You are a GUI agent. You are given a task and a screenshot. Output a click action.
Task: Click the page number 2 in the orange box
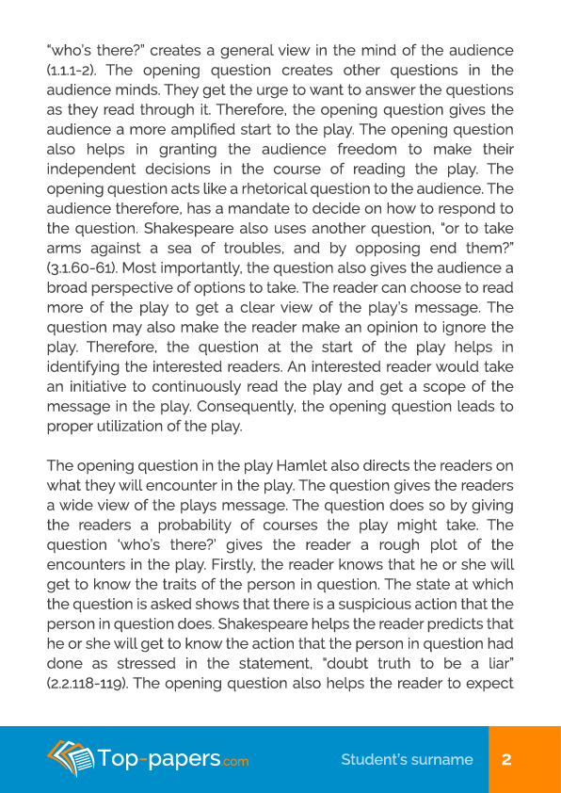pos(506,759)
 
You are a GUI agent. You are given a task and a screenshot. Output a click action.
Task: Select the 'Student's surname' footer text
pos(407,759)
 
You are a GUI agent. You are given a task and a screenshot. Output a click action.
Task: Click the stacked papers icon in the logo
pos(72,758)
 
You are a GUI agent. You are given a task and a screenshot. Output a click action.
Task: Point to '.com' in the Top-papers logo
pos(236,761)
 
